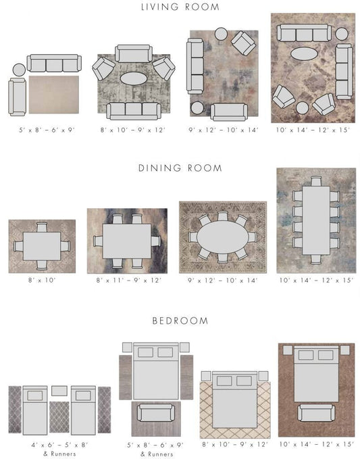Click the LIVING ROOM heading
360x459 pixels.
pyautogui.click(x=180, y=7)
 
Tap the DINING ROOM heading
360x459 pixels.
pyautogui.click(x=180, y=168)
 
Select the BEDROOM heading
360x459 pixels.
pyautogui.click(x=180, y=321)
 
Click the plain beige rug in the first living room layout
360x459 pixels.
pyautogui.click(x=54, y=95)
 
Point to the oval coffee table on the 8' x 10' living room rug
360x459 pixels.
pyautogui.click(x=134, y=78)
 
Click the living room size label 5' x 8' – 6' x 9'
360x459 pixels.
pyautogui.click(x=47, y=130)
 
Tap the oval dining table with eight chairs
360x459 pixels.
pyautogui.click(x=223, y=237)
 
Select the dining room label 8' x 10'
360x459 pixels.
pyautogui.click(x=42, y=280)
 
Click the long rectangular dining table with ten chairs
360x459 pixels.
pyautogui.click(x=316, y=220)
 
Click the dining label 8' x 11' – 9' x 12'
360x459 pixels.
pyautogui.click(x=129, y=280)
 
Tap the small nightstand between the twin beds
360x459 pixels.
pyautogui.click(x=59, y=391)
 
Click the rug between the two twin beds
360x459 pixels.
pyautogui.click(x=59, y=417)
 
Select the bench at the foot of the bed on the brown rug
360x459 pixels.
pyautogui.click(x=316, y=413)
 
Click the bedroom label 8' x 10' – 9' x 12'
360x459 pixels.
pyautogui.click(x=235, y=444)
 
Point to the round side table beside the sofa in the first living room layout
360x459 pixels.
pyautogui.click(x=19, y=70)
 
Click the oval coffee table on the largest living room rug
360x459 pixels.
pyautogui.click(x=304, y=54)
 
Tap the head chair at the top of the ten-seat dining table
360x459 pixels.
pyautogui.click(x=316, y=181)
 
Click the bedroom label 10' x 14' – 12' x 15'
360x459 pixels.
pyautogui.click(x=316, y=444)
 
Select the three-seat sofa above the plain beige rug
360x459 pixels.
pyautogui.click(x=54, y=63)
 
